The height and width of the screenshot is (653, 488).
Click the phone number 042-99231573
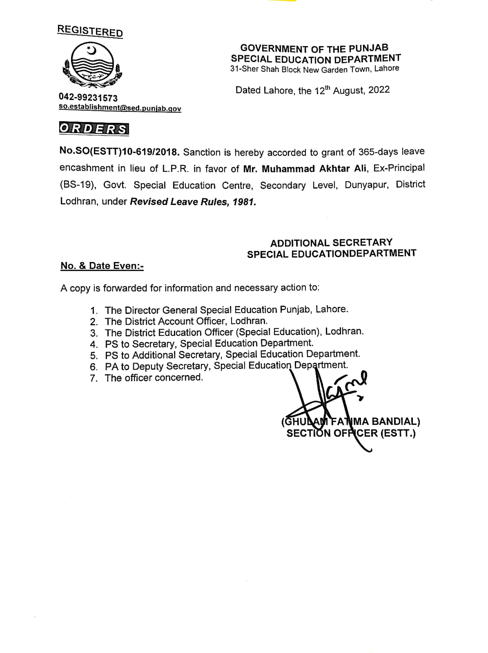pyautogui.click(x=88, y=97)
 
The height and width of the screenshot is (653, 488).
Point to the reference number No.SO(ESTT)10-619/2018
pyautogui.click(x=119, y=152)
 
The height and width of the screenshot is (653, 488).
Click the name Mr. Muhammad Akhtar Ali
pyautogui.click(x=305, y=169)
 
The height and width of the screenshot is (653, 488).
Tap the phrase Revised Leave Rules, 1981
pyautogui.click(x=193, y=202)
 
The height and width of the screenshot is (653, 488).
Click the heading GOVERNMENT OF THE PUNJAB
pyautogui.click(x=314, y=48)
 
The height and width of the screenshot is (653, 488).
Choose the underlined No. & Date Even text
pyautogui.click(x=102, y=266)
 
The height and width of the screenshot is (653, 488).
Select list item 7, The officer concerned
pyautogui.click(x=154, y=378)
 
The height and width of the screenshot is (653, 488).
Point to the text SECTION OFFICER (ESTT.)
pyautogui.click(x=351, y=433)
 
